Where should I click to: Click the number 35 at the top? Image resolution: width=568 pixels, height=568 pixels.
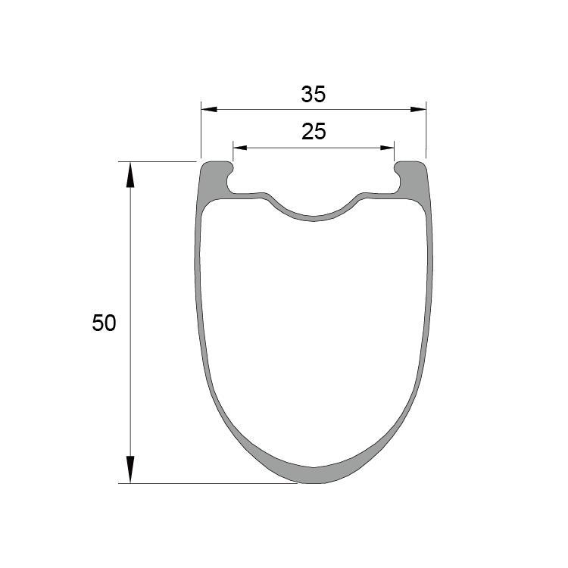(x=313, y=95)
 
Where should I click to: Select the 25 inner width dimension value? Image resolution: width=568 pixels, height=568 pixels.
(x=313, y=133)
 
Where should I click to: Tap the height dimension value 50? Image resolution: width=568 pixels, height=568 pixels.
(x=104, y=323)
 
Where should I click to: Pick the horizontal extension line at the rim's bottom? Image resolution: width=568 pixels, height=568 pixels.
(x=212, y=483)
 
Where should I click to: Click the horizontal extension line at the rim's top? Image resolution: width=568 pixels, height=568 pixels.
(x=159, y=161)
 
